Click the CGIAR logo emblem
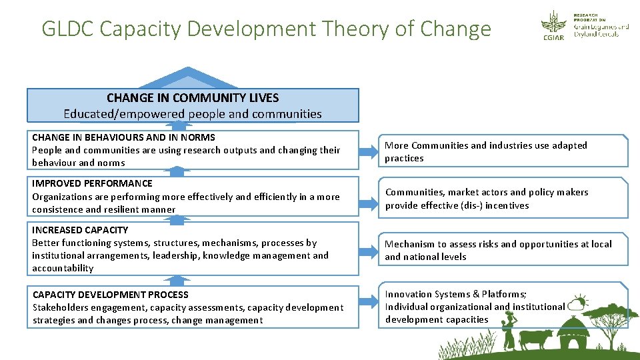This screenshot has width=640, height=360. (x=553, y=25)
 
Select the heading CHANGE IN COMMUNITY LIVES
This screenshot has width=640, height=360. (x=193, y=98)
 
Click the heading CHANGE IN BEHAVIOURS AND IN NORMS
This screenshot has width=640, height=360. (x=123, y=137)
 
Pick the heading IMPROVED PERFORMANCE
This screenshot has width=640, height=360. (x=92, y=183)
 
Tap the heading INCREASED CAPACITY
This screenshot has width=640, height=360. (x=80, y=230)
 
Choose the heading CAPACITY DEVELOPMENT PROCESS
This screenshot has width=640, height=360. (x=110, y=295)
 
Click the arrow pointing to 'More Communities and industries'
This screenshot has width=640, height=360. (x=367, y=153)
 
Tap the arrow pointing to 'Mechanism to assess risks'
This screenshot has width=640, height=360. (x=367, y=251)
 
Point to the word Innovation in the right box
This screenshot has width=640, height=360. (x=409, y=294)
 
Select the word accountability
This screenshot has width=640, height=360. (x=63, y=268)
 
